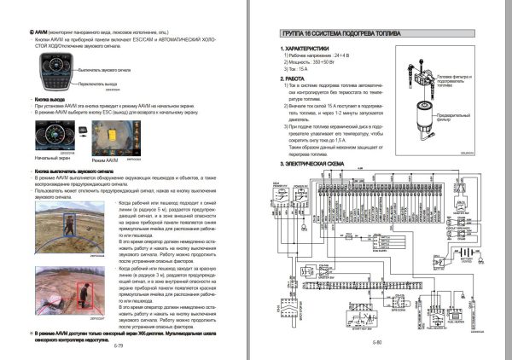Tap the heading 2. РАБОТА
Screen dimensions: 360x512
coord(296,78)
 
